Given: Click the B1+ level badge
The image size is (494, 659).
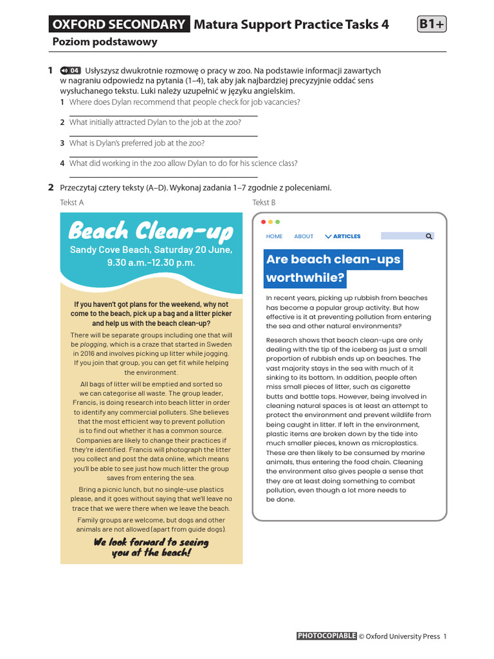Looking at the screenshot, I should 432,24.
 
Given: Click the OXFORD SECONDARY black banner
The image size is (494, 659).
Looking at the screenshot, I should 119,24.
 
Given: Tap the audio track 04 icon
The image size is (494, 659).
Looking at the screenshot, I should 71,71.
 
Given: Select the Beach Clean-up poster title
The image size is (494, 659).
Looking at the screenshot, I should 151,230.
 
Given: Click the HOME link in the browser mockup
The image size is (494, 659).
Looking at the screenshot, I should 274,236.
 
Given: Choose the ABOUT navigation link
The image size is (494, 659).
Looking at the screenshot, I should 304,236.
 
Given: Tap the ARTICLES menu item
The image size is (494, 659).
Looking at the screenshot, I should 343,236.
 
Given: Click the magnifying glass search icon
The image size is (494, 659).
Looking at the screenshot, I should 429,236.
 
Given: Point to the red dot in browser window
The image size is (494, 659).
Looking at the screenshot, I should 263,221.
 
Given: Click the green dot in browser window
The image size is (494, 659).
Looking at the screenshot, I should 277,221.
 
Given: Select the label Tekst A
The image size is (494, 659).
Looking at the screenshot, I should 72,203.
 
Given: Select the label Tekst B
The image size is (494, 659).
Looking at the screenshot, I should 264,203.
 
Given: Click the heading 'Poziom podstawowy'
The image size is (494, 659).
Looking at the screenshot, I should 104,42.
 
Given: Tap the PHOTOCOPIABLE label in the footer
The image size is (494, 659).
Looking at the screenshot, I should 326,636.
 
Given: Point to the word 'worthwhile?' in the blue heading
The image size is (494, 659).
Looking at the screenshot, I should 306,278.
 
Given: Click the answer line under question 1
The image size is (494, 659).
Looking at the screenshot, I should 163,116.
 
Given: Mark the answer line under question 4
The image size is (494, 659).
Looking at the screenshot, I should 163,177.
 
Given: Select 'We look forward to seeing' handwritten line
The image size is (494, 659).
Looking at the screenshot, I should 151,542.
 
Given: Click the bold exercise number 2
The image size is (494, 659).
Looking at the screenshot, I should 51,188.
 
